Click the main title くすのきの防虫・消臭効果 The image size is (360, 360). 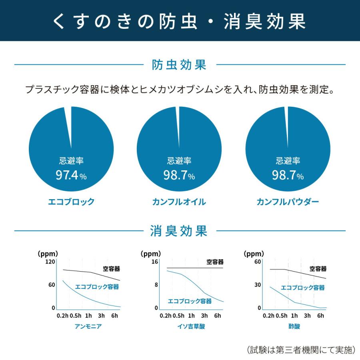180,21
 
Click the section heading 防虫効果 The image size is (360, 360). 180,65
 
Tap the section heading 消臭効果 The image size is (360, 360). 180,231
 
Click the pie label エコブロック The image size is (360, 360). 71,202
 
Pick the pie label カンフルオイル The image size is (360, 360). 179,202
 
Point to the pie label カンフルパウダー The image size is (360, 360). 288,202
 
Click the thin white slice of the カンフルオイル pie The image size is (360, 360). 177,124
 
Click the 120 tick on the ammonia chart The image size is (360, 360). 50,262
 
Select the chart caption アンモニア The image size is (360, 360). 88,326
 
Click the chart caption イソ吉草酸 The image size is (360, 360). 192,326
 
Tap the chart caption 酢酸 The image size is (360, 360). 294,326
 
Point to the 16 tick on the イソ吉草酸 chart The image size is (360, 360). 154,262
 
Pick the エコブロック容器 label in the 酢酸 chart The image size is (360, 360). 302,288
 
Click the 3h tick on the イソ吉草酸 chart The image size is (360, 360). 204,316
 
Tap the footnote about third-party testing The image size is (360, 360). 300,350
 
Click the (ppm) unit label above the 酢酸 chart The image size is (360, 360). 254,254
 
